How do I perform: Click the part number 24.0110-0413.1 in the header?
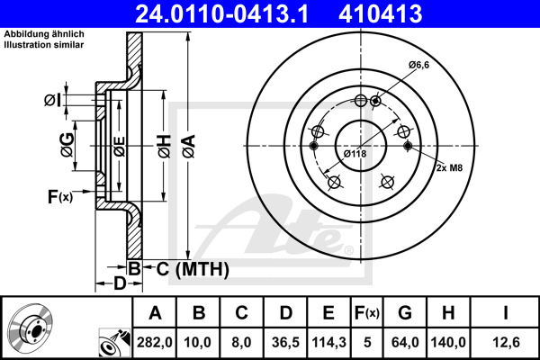click(221, 13)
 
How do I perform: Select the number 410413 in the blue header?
click(380, 13)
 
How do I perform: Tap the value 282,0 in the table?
click(154, 342)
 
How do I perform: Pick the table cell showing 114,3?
click(328, 342)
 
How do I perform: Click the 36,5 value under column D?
click(285, 342)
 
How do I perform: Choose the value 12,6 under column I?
click(506, 342)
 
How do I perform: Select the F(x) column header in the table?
click(367, 313)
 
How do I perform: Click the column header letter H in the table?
click(448, 313)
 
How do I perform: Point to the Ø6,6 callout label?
click(419, 65)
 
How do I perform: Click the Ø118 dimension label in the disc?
click(355, 154)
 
